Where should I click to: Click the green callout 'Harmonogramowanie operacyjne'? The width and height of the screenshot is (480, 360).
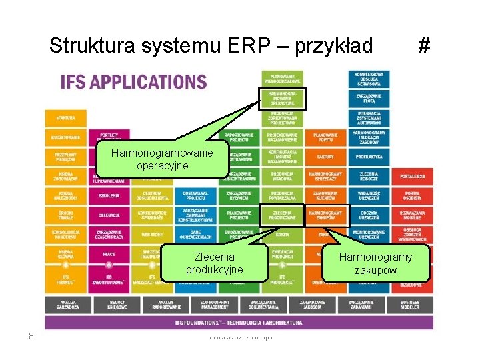[162, 159]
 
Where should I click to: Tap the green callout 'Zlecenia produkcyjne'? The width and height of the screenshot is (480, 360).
[214, 263]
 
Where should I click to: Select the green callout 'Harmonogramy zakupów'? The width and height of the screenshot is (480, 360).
[375, 263]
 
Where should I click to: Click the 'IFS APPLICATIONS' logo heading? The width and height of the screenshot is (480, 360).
[133, 82]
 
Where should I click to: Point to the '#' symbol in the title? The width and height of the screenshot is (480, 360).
[423, 46]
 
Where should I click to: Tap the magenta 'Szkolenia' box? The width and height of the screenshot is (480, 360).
[109, 195]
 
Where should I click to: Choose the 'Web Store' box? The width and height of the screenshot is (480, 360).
[153, 234]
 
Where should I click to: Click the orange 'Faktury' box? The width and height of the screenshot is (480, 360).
[325, 157]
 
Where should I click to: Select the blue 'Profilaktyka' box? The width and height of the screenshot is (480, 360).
[369, 157]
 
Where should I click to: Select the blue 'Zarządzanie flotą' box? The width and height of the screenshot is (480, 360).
[369, 99]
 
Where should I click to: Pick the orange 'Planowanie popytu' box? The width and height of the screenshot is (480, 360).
[325, 137]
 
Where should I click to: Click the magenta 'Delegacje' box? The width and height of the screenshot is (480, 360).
[109, 215]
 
